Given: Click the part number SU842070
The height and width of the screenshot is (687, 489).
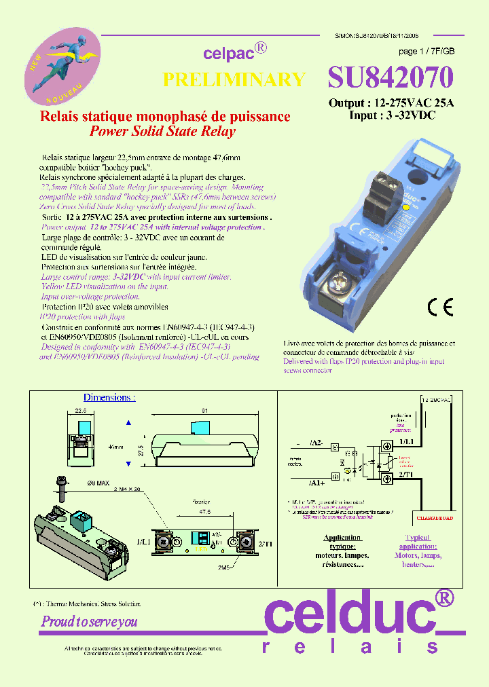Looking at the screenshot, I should (390, 78).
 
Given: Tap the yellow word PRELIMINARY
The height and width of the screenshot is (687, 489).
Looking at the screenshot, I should (234, 79).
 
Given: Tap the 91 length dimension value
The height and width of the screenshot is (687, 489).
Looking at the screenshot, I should (204, 410).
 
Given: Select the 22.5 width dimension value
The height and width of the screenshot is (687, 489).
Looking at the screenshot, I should (81, 410).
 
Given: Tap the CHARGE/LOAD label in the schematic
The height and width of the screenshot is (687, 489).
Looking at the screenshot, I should (434, 517).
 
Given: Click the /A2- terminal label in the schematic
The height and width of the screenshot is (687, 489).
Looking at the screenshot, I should (316, 443).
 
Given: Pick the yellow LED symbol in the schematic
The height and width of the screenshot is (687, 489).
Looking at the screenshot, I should (350, 468).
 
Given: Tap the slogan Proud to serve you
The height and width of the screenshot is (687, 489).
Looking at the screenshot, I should (90, 621).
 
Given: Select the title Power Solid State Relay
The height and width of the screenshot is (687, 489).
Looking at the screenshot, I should (162, 131).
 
